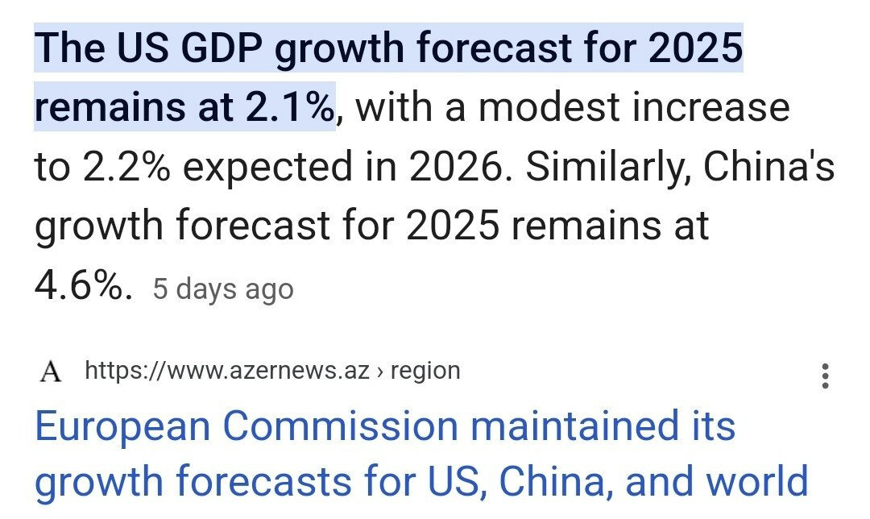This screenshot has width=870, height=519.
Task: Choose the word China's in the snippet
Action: [768, 168]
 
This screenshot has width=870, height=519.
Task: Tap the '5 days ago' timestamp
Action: [223, 289]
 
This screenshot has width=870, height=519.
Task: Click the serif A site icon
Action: [51, 372]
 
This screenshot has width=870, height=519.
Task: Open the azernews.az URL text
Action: [227, 371]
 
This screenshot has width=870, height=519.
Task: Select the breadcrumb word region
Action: [425, 371]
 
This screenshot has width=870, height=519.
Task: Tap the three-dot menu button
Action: [824, 376]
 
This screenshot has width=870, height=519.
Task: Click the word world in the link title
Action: [757, 481]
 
